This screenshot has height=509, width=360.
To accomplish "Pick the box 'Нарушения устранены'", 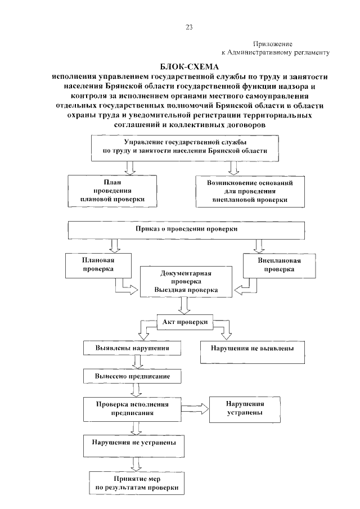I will [x=245, y=408].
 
